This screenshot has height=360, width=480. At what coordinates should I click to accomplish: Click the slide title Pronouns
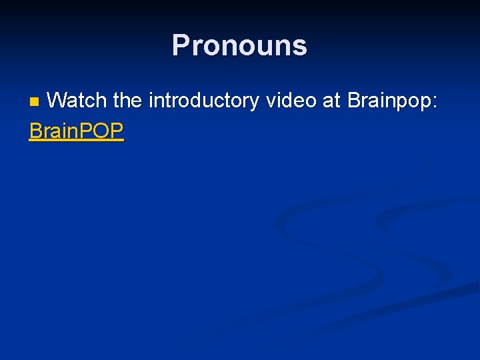click(x=239, y=45)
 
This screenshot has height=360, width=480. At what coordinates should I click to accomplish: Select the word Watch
click(x=77, y=101)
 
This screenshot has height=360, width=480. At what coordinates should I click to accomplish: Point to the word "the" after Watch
click(x=128, y=101)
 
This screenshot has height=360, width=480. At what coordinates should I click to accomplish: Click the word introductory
click(x=203, y=101)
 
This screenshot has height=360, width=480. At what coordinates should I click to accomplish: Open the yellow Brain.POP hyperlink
click(x=76, y=131)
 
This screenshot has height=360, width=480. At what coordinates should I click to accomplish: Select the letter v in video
click(x=271, y=101)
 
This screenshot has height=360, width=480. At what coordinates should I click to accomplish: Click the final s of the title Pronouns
click(x=301, y=47)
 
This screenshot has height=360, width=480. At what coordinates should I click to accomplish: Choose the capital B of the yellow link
click(x=36, y=131)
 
